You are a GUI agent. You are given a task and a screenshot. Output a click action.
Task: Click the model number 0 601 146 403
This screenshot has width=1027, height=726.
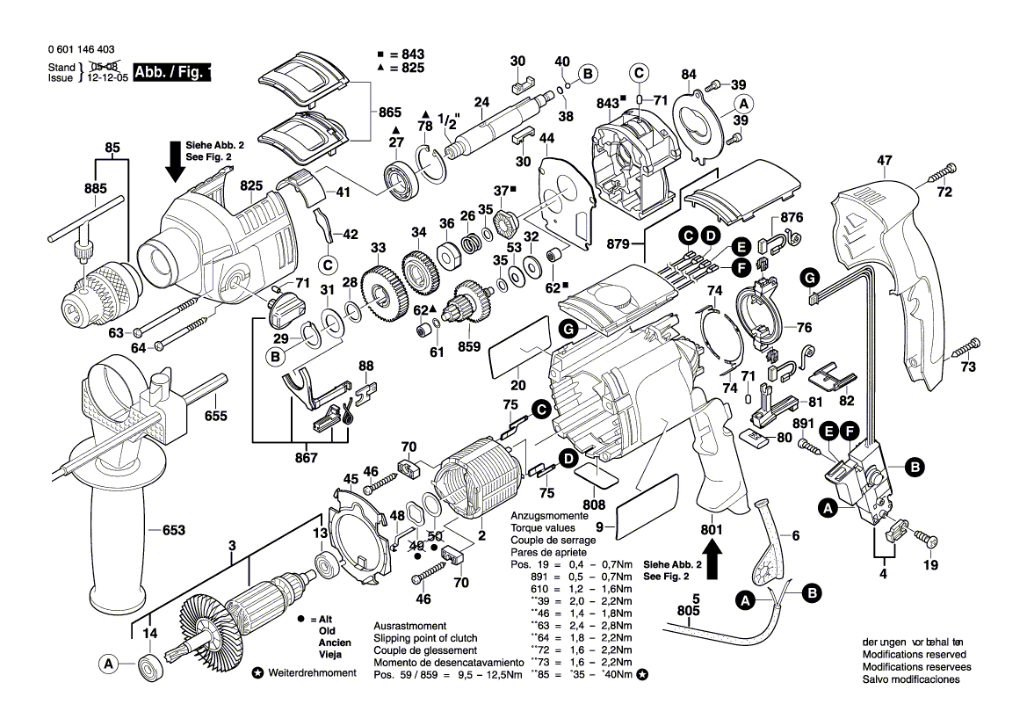81,51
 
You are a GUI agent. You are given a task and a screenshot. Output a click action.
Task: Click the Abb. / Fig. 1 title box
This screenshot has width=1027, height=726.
172,73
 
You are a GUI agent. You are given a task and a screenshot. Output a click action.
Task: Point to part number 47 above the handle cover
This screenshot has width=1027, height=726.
885,161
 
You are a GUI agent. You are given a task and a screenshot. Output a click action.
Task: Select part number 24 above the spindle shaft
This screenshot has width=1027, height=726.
481,102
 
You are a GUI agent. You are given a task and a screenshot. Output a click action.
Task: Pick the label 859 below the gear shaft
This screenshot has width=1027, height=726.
468,346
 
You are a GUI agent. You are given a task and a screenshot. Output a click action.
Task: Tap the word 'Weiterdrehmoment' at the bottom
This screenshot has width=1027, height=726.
311,672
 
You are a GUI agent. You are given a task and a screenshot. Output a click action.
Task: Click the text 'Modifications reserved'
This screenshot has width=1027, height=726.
914,655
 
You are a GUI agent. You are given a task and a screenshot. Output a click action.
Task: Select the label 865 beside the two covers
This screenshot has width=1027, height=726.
390,112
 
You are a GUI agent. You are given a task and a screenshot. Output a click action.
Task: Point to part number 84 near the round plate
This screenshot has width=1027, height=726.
689,74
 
